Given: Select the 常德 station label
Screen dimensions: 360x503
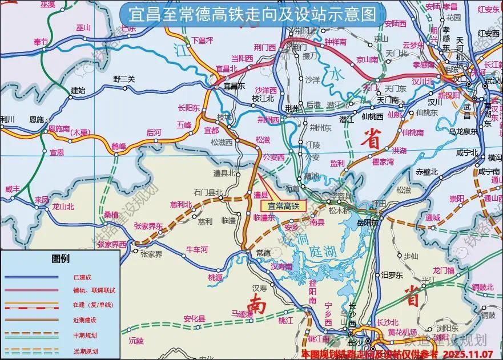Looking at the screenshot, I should coord(263,253).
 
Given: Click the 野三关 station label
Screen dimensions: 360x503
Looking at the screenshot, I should coord(124,79).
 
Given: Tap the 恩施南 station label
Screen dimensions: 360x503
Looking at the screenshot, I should coord(59,129).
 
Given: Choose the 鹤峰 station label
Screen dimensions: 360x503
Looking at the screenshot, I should coord(118,147).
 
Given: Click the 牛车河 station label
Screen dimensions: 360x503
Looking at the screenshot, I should coord(198,249).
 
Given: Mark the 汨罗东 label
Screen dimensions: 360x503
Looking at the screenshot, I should coord(392,275).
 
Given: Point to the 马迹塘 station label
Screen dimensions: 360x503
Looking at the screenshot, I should coord(242,314).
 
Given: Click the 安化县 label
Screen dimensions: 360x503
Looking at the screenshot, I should coord(194,318).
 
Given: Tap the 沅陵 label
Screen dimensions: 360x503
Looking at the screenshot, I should coord(137,341).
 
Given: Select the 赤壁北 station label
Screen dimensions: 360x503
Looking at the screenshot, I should coord(426,172).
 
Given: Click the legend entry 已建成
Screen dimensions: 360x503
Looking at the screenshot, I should coord(82,277).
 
